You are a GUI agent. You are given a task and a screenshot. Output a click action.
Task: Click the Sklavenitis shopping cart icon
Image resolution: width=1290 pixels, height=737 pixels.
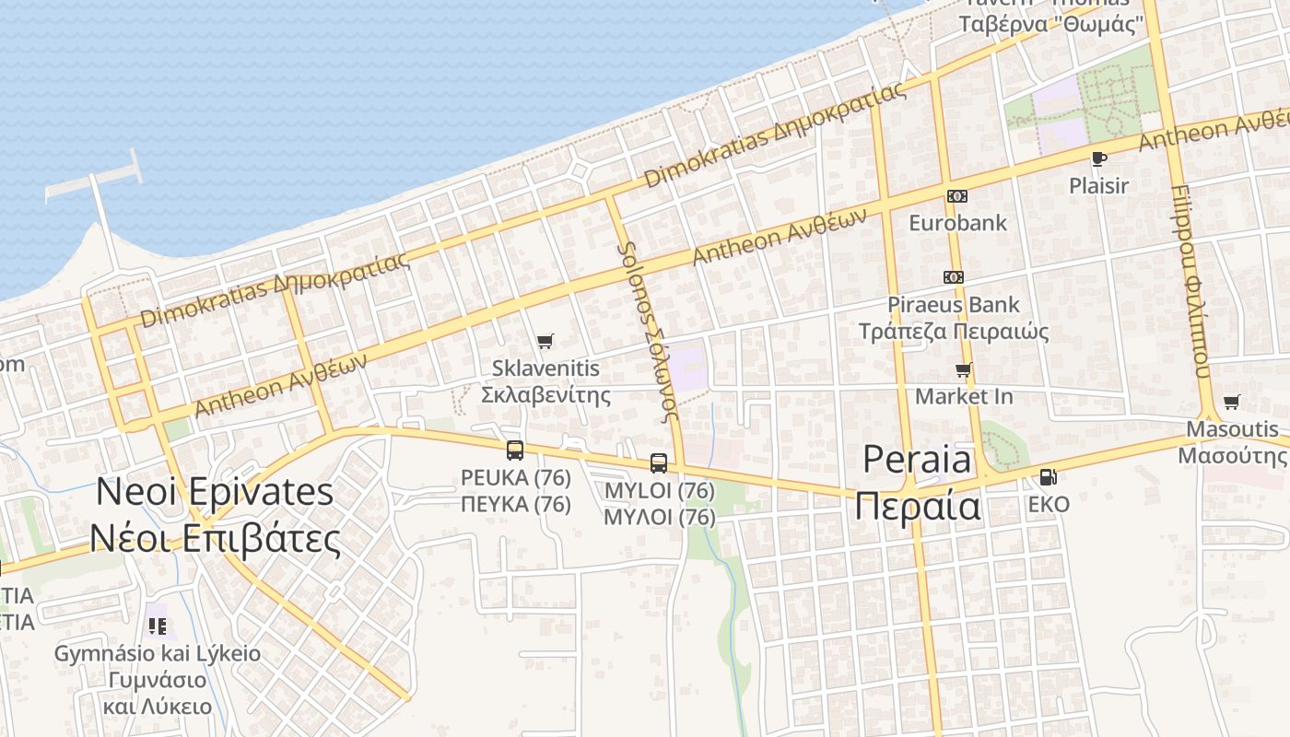pyautogui.click(x=545, y=342)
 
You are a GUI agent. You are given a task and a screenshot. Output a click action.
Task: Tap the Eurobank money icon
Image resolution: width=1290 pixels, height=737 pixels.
pyautogui.click(x=957, y=196)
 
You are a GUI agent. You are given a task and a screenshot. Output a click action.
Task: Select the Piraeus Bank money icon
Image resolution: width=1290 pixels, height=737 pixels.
pyautogui.click(x=954, y=277)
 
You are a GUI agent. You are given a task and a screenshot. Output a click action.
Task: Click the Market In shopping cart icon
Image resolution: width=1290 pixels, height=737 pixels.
pyautogui.click(x=964, y=370)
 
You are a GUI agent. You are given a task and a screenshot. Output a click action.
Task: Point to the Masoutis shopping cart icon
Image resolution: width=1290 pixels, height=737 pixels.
pyautogui.click(x=1232, y=402)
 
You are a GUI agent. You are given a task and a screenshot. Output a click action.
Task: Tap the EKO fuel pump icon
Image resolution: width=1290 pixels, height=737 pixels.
pyautogui.click(x=1048, y=477)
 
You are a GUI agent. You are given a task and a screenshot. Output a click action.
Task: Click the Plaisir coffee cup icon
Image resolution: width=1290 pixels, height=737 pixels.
pyautogui.click(x=1099, y=158)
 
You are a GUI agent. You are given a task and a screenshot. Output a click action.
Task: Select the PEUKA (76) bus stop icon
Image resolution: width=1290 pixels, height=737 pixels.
pyautogui.click(x=515, y=450)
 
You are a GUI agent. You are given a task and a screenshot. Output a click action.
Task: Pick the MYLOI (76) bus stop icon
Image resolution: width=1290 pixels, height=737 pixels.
pyautogui.click(x=659, y=463)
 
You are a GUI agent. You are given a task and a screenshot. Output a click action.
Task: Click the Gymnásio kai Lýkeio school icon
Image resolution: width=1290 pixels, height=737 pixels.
pyautogui.click(x=158, y=627)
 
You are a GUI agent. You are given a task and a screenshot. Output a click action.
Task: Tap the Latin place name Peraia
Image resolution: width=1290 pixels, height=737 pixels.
pyautogui.click(x=917, y=460)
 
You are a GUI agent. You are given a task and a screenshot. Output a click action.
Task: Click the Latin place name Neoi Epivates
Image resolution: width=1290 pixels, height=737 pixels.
pyautogui.click(x=215, y=492)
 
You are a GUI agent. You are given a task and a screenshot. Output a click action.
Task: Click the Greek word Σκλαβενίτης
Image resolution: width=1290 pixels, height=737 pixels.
pyautogui.click(x=546, y=395)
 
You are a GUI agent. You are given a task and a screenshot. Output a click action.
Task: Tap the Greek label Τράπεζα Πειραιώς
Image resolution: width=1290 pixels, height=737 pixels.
pyautogui.click(x=954, y=332)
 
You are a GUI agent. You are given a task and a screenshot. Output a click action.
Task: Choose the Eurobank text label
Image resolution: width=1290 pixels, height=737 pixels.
pyautogui.click(x=957, y=223)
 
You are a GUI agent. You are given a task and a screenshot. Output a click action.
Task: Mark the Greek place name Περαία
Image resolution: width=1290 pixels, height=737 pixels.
pyautogui.click(x=917, y=506)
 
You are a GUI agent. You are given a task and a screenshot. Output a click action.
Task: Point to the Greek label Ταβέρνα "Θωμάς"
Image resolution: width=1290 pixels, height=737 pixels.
pyautogui.click(x=1050, y=24)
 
